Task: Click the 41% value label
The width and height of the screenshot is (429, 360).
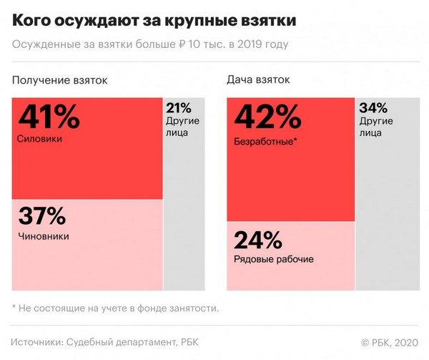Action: point(48,117)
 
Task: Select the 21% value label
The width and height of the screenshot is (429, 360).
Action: point(179,109)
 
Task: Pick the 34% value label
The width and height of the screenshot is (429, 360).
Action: point(373,109)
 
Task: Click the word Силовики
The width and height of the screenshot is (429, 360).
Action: point(39,138)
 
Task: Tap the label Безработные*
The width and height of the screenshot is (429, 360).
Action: point(265,141)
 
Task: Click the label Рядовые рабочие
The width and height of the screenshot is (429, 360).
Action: point(273,259)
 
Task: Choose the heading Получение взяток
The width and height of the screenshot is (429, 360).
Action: point(59,80)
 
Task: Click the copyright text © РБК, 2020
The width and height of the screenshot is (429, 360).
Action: point(390,341)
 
